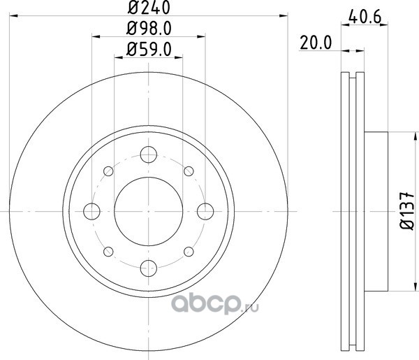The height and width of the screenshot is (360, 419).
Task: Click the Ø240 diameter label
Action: [149, 7]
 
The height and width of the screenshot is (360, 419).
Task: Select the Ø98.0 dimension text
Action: [149, 29]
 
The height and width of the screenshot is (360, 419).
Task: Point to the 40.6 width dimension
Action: [365, 17]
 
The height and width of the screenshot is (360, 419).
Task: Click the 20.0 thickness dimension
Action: [316, 43]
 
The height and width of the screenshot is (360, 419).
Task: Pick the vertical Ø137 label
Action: [407, 210]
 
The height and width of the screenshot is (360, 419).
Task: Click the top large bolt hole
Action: [148, 154]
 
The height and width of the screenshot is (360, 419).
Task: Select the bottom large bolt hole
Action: [148, 268]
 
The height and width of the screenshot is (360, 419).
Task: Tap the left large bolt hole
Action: [91, 211]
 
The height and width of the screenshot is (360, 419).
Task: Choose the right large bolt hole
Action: [205, 211]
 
